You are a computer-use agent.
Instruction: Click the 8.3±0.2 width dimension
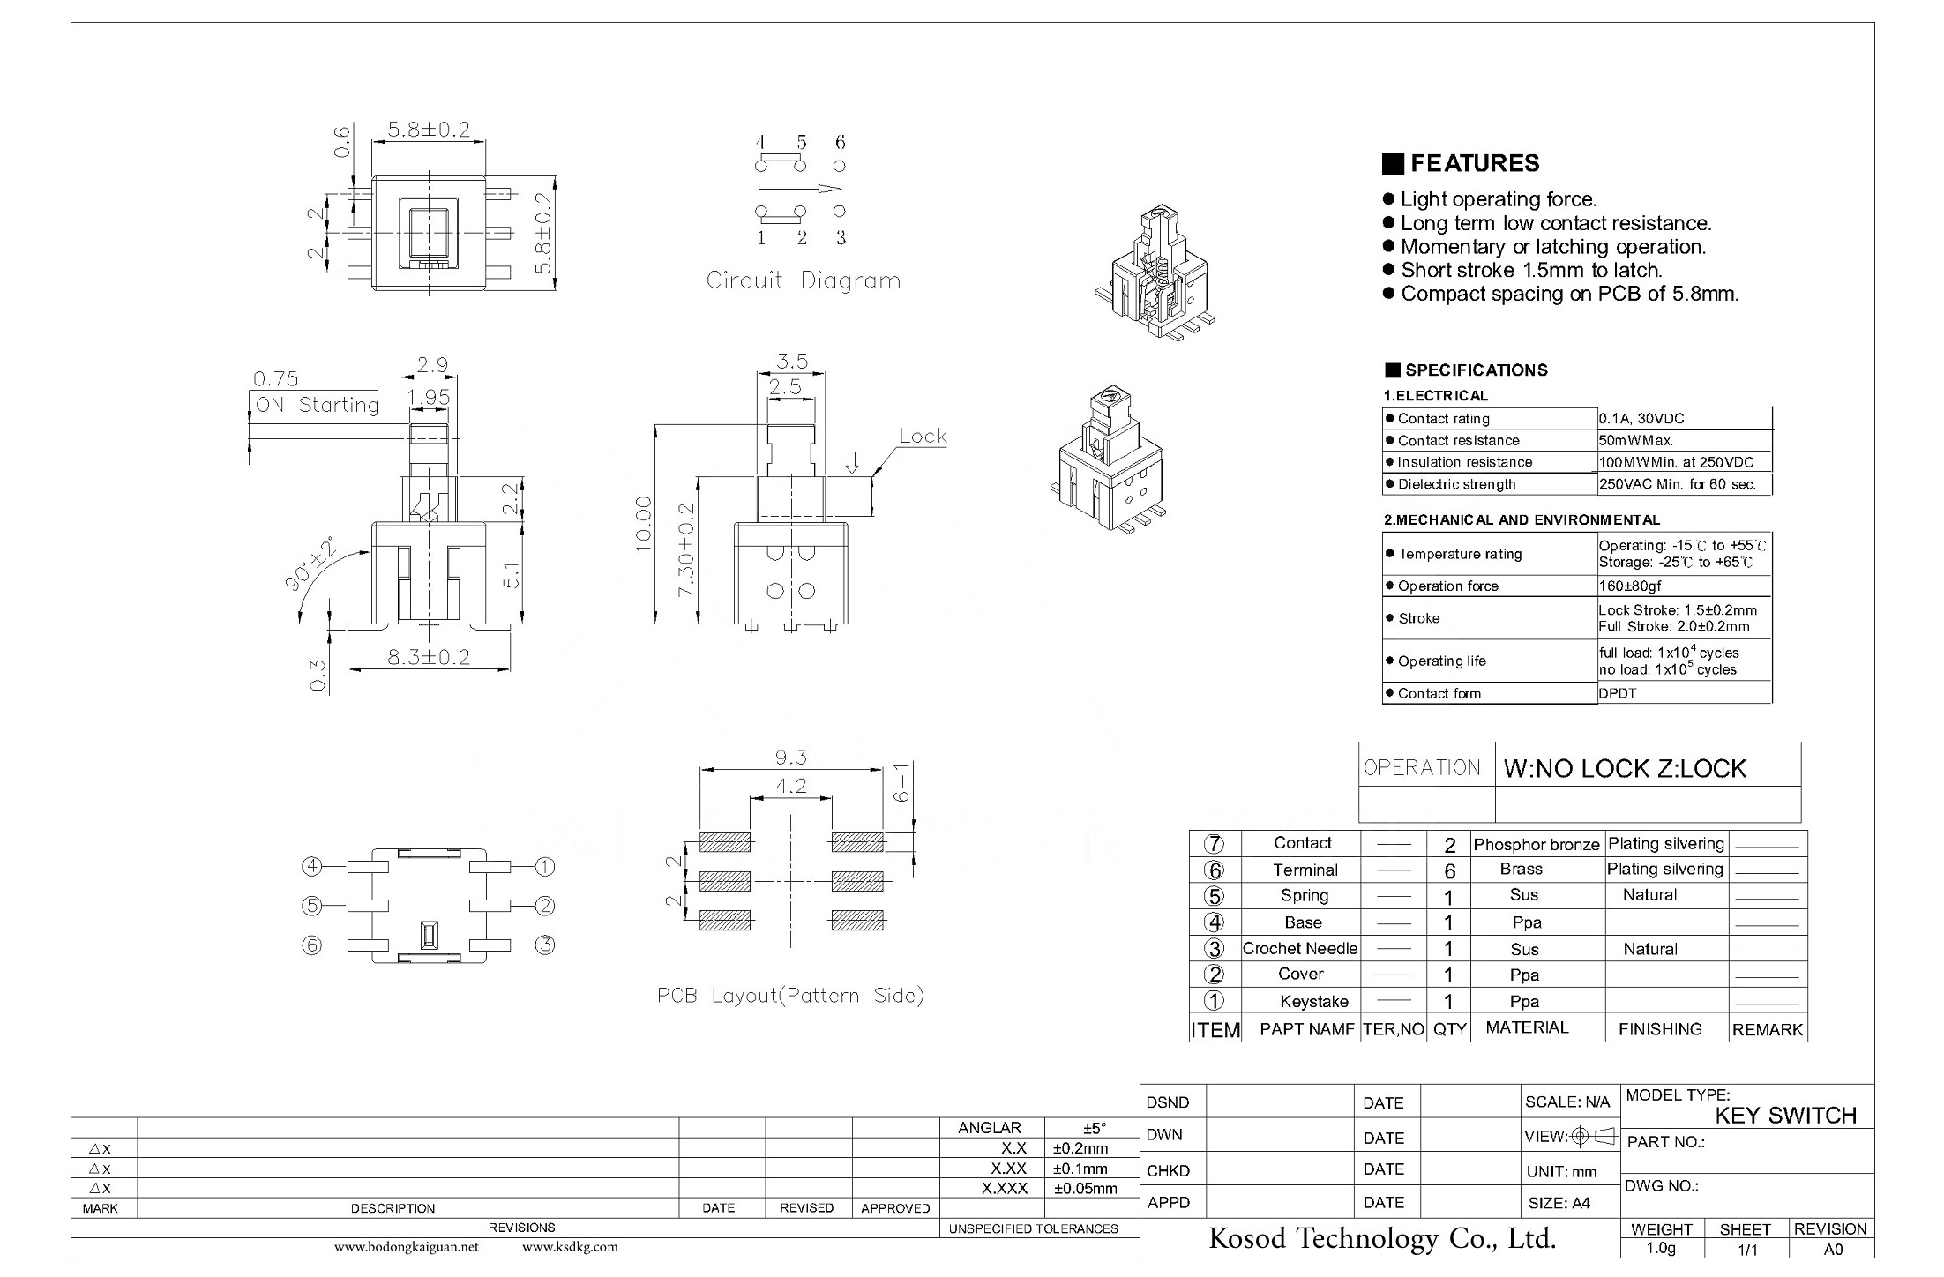pyautogui.click(x=428, y=657)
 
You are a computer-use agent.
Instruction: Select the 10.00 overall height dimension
pyautogui.click(x=644, y=524)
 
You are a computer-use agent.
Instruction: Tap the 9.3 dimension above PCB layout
pyautogui.click(x=790, y=758)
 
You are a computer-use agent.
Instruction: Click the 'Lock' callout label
pyautogui.click(x=923, y=436)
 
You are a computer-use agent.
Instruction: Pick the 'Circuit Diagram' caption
pyautogui.click(x=803, y=280)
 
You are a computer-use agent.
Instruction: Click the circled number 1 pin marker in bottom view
pyautogui.click(x=545, y=867)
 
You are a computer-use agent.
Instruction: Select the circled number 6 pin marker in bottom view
pyautogui.click(x=312, y=945)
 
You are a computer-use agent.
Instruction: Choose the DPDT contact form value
pyautogui.click(x=1618, y=693)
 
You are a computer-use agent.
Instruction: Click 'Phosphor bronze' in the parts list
pyautogui.click(x=1537, y=844)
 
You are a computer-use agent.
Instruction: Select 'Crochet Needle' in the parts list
pyautogui.click(x=1300, y=948)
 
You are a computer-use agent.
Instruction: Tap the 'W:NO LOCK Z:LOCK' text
pyautogui.click(x=1625, y=768)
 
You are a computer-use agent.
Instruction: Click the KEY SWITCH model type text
pyautogui.click(x=1785, y=1116)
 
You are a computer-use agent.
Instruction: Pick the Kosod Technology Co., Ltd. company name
pyautogui.click(x=1382, y=1238)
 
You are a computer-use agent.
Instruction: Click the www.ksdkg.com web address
pyautogui.click(x=570, y=1247)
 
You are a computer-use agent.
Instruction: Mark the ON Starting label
pyautogui.click(x=317, y=405)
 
